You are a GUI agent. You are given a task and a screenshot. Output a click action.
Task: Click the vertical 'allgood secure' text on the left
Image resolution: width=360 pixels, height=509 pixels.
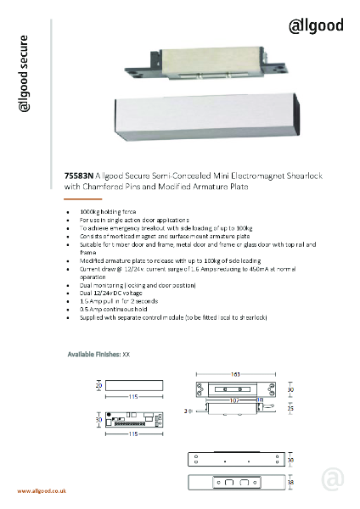(25, 76)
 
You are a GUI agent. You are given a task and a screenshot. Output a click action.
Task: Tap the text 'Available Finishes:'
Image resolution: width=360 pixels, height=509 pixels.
(94, 352)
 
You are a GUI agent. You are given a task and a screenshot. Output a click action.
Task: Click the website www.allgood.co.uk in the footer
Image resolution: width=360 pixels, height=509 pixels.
(43, 491)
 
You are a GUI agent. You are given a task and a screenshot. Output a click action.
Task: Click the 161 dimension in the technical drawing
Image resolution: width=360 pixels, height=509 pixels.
(233, 373)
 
